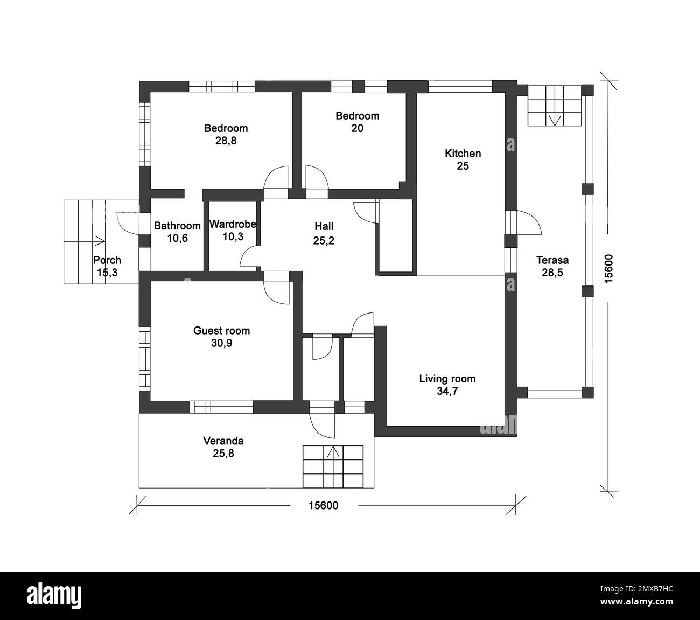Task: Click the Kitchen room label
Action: pyautogui.click(x=463, y=154)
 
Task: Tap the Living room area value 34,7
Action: pyautogui.click(x=447, y=392)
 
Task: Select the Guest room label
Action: pyautogui.click(x=221, y=331)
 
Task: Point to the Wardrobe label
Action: pyautogui.click(x=233, y=224)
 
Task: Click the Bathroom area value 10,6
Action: pyautogui.click(x=177, y=239)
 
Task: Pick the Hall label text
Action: pyautogui.click(x=324, y=227)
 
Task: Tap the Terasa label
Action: pyautogui.click(x=552, y=260)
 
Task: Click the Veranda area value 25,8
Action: pyautogui.click(x=223, y=454)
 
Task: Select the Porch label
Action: pyautogui.click(x=107, y=261)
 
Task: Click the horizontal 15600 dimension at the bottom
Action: pyautogui.click(x=323, y=505)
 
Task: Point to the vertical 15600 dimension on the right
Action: pyautogui.click(x=608, y=268)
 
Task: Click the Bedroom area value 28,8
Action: pyautogui.click(x=226, y=141)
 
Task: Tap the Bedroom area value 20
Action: pyautogui.click(x=357, y=128)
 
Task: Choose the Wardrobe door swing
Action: pyautogui.click(x=249, y=257)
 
